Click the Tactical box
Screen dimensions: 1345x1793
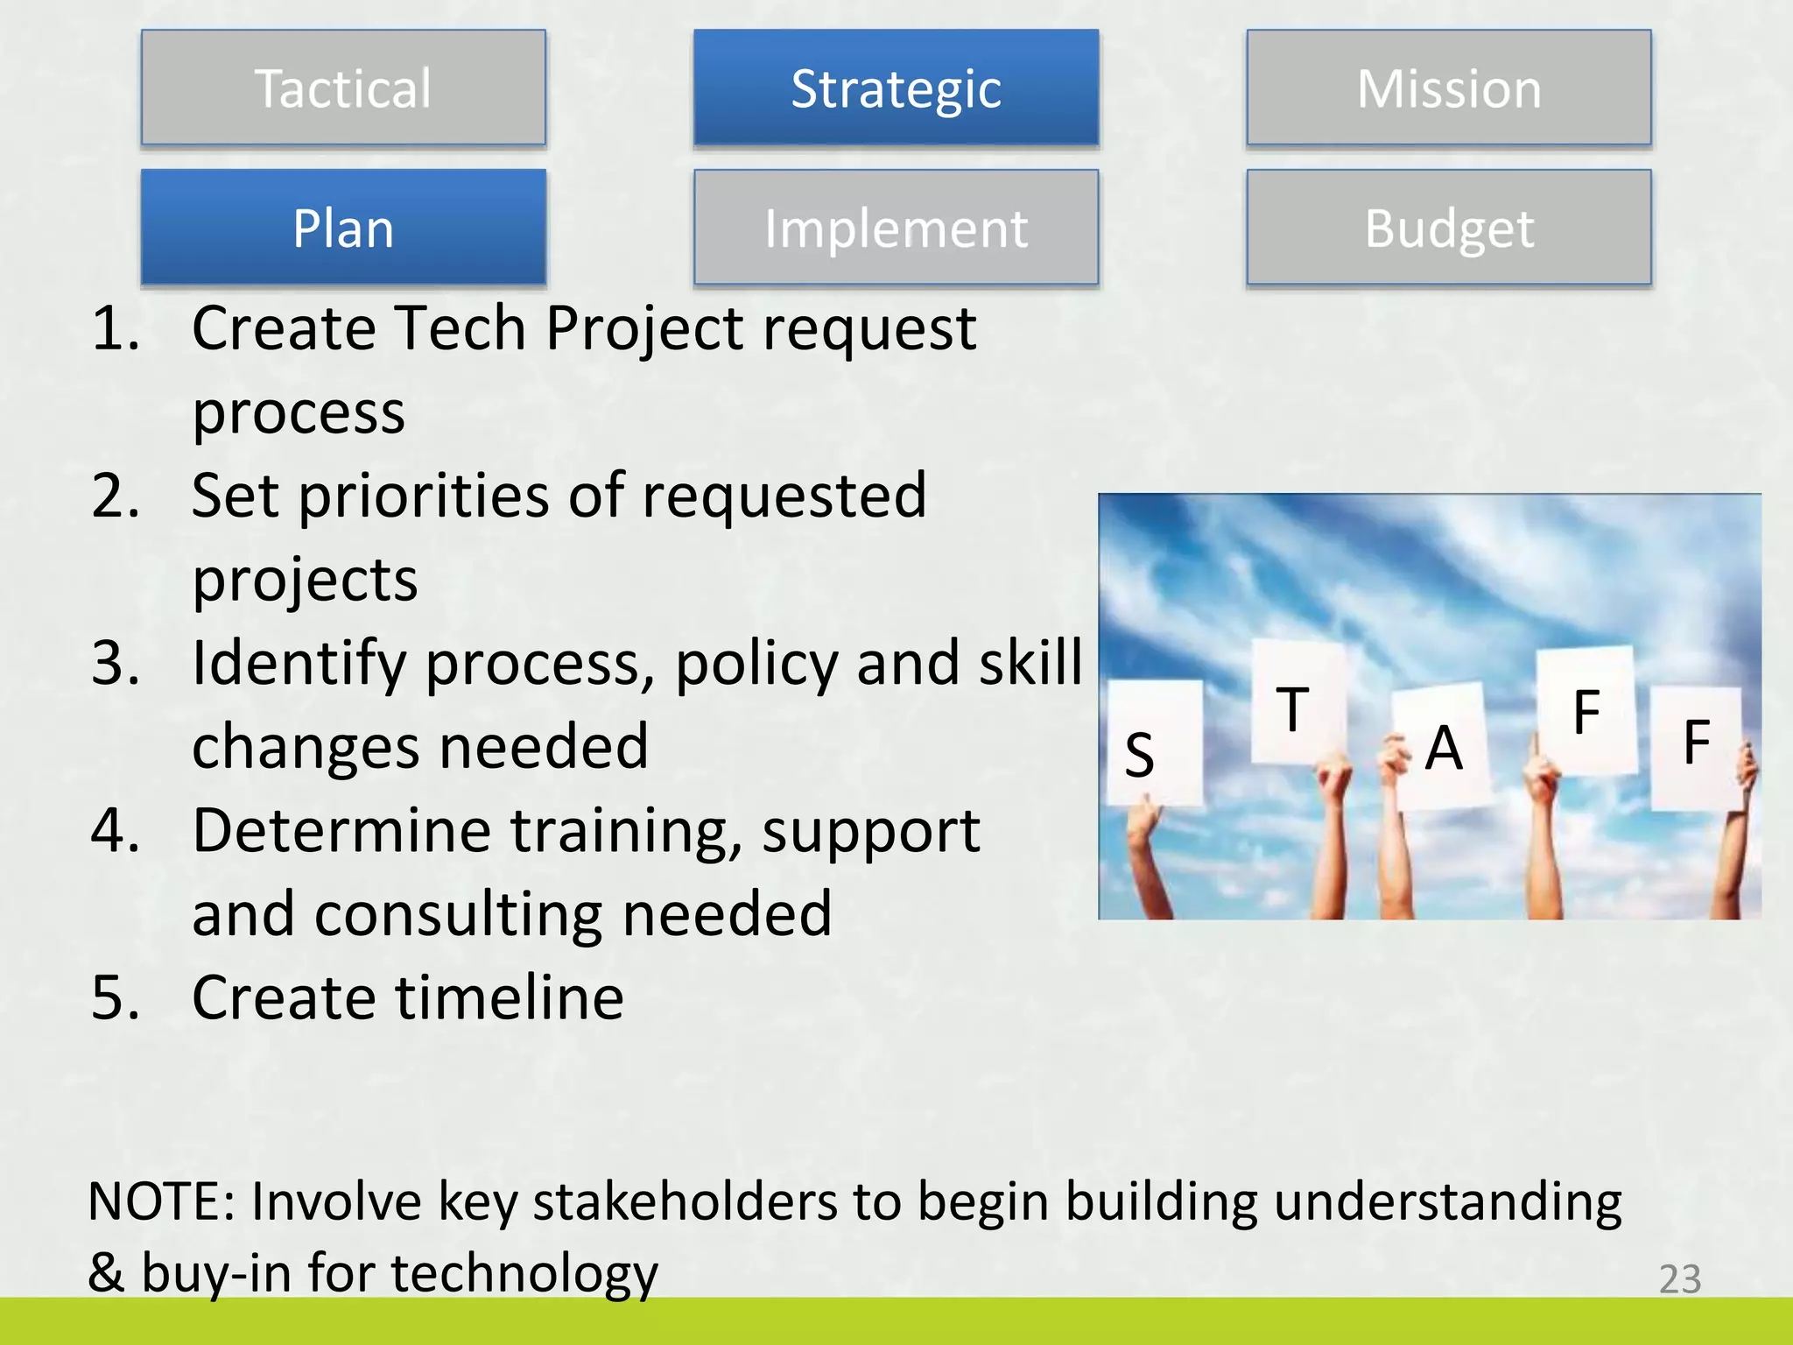(343, 88)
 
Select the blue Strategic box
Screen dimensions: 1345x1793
(896, 88)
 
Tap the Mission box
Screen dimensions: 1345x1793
(1449, 88)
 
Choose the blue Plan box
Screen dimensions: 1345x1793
(343, 228)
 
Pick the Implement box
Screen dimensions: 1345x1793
(896, 228)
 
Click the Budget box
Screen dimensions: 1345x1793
(1449, 228)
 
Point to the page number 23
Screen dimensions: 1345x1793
(1679, 1279)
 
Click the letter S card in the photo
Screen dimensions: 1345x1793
(1154, 744)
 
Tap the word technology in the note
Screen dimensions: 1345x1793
(524, 1272)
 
